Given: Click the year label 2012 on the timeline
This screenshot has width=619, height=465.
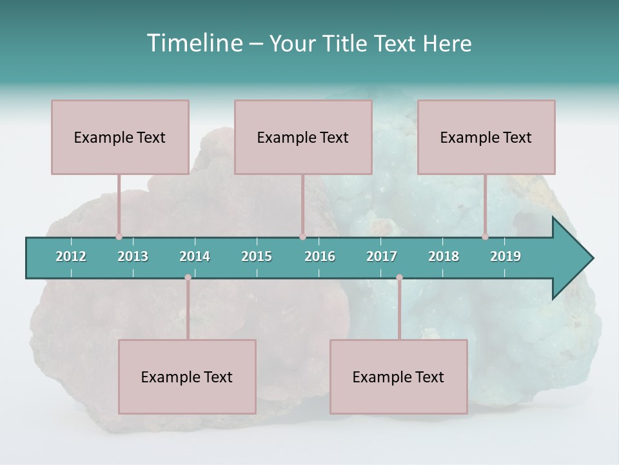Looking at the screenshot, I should pyautogui.click(x=71, y=256).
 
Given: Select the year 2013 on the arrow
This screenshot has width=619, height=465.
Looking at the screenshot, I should pyautogui.click(x=133, y=256).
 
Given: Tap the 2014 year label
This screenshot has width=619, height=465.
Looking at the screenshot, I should pyautogui.click(x=195, y=256).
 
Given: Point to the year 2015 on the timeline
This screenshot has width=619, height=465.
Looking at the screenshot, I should pyautogui.click(x=257, y=256).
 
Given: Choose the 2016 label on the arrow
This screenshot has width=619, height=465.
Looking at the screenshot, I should pyautogui.click(x=320, y=256).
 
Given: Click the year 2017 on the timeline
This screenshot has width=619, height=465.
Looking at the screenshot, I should pyautogui.click(x=382, y=256).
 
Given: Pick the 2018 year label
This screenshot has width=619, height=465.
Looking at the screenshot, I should pyautogui.click(x=444, y=256).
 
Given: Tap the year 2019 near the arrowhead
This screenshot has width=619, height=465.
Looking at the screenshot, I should pyautogui.click(x=506, y=256).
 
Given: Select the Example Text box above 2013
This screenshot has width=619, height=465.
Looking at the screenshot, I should pyautogui.click(x=120, y=137).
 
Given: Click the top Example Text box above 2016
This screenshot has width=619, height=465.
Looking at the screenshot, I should pyautogui.click(x=303, y=137).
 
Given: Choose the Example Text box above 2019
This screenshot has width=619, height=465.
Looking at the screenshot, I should pyautogui.click(x=486, y=137).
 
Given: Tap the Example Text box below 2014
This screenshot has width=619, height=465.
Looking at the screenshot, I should pyautogui.click(x=187, y=377).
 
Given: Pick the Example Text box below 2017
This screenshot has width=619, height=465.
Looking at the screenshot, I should pyautogui.click(x=398, y=377).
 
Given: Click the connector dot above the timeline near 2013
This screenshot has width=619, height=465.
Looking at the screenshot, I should pyautogui.click(x=119, y=236).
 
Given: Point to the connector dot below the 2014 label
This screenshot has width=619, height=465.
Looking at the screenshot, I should pyautogui.click(x=188, y=278).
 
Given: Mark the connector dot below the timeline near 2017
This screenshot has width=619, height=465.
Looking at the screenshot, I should pyautogui.click(x=399, y=278).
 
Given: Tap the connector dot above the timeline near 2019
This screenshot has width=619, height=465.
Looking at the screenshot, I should pyautogui.click(x=485, y=236).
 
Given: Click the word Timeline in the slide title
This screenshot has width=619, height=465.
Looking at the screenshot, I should pyautogui.click(x=193, y=43).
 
